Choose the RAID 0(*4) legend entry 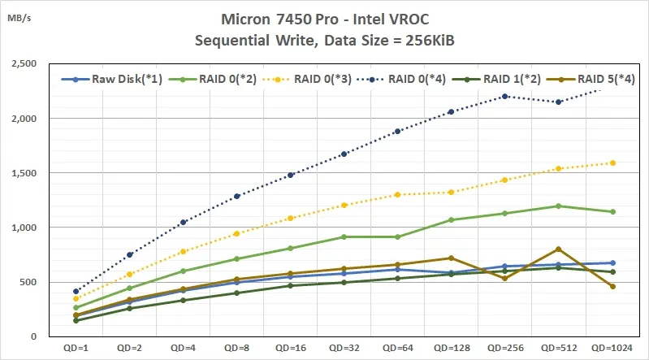pyautogui.click(x=415, y=80)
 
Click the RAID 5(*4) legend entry pyautogui.click(x=599, y=80)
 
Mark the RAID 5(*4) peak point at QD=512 pyautogui.click(x=558, y=249)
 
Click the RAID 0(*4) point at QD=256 pyautogui.click(x=504, y=96)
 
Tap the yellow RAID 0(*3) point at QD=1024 pyautogui.click(x=612, y=163)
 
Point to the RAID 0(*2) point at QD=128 pyautogui.click(x=451, y=219)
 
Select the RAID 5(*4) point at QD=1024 pyautogui.click(x=612, y=286)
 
